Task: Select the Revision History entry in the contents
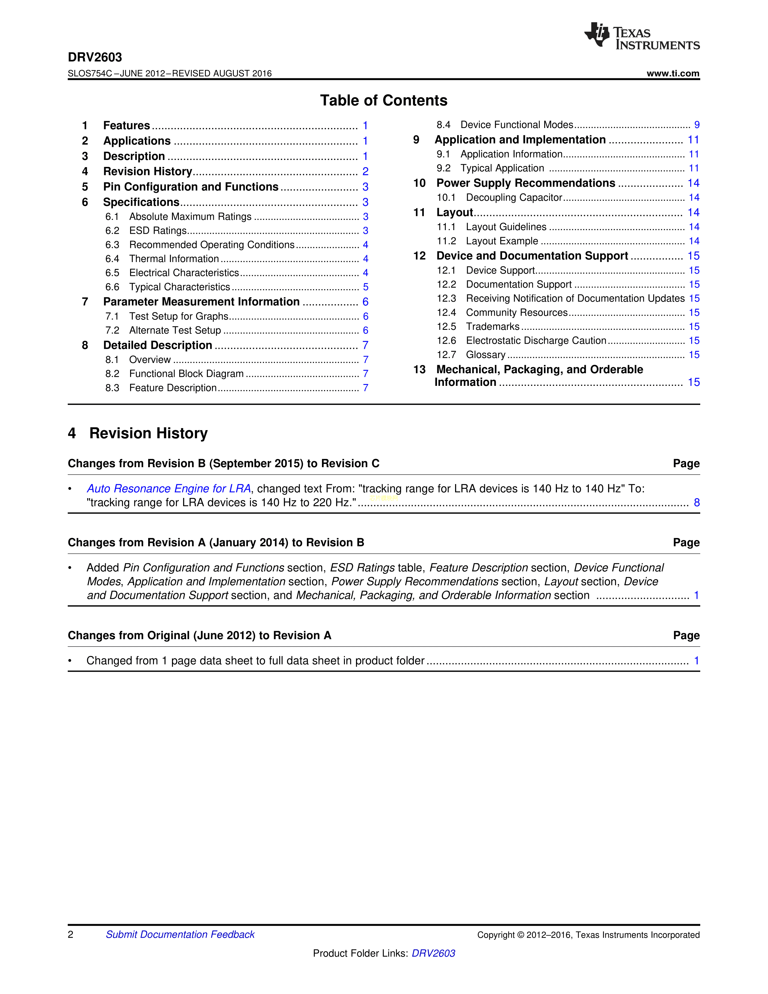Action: pyautogui.click(x=147, y=172)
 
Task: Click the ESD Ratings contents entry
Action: pyautogui.click(x=158, y=231)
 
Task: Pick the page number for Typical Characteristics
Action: pyautogui.click(x=365, y=287)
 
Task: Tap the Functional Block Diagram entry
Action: pyautogui.click(x=186, y=374)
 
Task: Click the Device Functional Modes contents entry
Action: pyautogui.click(x=517, y=125)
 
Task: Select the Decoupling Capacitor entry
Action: pyautogui.click(x=514, y=198)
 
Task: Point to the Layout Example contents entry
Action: pyautogui.click(x=502, y=241)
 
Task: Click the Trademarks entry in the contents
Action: pyautogui.click(x=493, y=327)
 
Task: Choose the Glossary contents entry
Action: pyautogui.click(x=485, y=355)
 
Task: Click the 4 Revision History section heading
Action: pyautogui.click(x=138, y=433)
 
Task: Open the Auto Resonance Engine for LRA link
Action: pyautogui.click(x=169, y=489)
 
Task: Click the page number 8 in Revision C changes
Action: pyautogui.click(x=696, y=503)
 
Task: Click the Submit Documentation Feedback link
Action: pyautogui.click(x=180, y=934)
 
